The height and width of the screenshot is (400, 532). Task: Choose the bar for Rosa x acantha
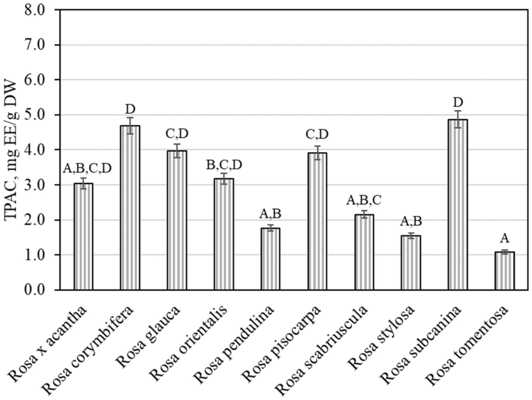click(x=83, y=237)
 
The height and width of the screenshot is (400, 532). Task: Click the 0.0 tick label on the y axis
click(x=34, y=290)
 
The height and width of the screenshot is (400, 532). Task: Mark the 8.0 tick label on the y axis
click(x=34, y=10)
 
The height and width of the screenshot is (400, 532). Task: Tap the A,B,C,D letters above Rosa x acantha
click(x=87, y=168)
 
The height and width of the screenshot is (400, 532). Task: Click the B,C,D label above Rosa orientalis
click(x=224, y=165)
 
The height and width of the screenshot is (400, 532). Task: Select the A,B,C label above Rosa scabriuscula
click(x=364, y=200)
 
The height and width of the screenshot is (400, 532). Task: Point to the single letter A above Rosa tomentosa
click(x=504, y=238)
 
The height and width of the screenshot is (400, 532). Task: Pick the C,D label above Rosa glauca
click(x=177, y=134)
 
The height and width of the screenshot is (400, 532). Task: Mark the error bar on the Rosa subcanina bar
click(x=458, y=119)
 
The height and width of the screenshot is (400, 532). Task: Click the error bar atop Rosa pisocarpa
click(x=317, y=153)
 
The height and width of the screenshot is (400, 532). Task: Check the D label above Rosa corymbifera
click(x=130, y=109)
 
